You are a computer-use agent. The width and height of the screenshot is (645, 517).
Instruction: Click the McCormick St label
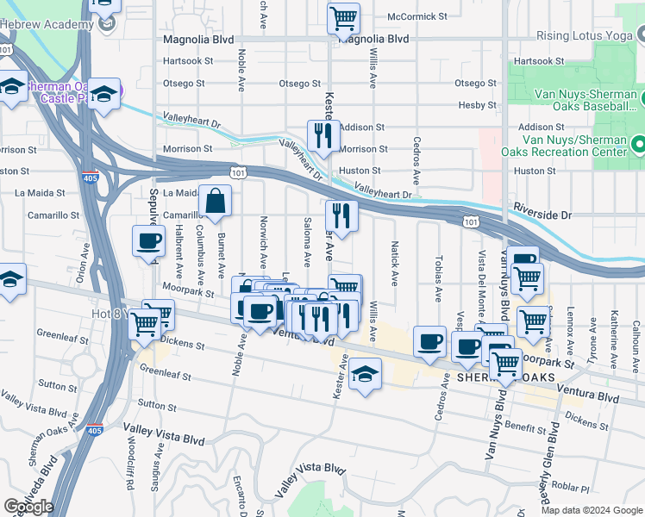[417, 16]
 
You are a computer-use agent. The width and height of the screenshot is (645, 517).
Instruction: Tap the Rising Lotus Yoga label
[585, 35]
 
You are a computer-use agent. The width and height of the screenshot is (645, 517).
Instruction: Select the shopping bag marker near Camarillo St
[215, 203]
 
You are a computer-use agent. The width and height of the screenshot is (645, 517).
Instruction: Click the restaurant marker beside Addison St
[323, 136]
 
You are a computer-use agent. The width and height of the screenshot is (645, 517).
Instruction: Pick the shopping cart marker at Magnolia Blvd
[343, 17]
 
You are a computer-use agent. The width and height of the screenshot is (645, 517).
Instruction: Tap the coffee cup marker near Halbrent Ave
[148, 241]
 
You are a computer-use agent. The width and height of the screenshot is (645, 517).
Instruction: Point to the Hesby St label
[479, 105]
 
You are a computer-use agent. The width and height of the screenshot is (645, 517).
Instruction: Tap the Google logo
[28, 507]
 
